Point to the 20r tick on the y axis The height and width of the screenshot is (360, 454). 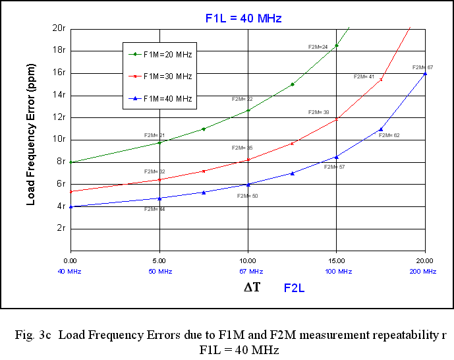[x=58, y=28]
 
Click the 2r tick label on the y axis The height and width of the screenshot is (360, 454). [x=60, y=228]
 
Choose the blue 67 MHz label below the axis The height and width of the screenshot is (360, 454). [x=248, y=272]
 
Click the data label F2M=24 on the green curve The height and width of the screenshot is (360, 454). [x=318, y=47]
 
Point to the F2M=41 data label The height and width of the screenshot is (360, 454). [x=364, y=77]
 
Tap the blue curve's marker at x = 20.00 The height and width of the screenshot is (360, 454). [x=425, y=73]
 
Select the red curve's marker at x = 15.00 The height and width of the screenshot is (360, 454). [x=337, y=119]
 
